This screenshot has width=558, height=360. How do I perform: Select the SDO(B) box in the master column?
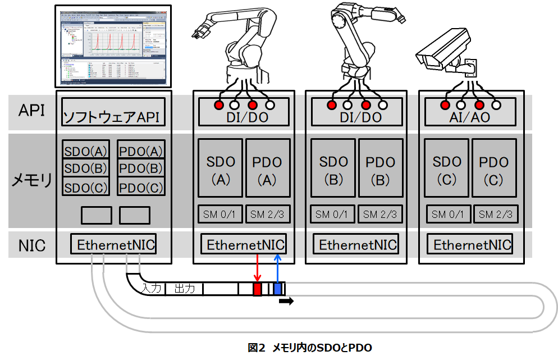pyautogui.click(x=85, y=168)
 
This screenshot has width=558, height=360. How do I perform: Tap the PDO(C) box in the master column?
pyautogui.click(x=141, y=186)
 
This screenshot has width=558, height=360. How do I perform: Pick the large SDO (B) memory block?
pyautogui.click(x=333, y=167)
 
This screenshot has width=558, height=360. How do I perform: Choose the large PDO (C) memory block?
pyautogui.click(x=493, y=167)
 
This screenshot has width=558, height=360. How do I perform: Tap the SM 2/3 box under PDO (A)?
pyautogui.click(x=268, y=214)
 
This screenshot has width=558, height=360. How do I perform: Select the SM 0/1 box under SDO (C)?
pyautogui.click(x=447, y=214)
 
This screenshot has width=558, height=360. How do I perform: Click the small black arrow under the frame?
pyautogui.click(x=286, y=302)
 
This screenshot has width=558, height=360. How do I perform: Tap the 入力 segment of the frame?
pyautogui.click(x=152, y=289)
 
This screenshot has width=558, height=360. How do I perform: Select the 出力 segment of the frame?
pyautogui.click(x=184, y=289)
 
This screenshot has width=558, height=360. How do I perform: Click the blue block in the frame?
pyautogui.click(x=277, y=289)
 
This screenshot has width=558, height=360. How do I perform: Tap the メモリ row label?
pyautogui.click(x=33, y=180)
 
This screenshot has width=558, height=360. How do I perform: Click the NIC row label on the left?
pyautogui.click(x=33, y=245)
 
